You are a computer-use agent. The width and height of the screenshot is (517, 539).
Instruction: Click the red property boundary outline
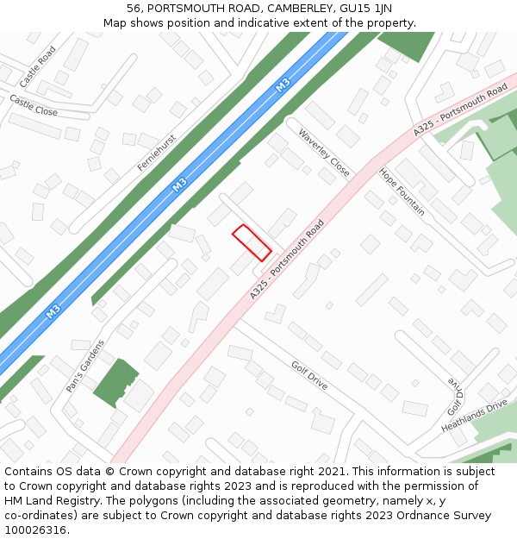252,242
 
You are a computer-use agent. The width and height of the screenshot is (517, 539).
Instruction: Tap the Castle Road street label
37,66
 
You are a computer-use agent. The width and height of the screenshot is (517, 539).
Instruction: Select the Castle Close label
34,106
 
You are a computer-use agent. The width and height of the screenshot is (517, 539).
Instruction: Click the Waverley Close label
323,153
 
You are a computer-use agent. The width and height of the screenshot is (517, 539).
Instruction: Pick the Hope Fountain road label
402,191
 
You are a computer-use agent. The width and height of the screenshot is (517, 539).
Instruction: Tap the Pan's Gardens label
85,366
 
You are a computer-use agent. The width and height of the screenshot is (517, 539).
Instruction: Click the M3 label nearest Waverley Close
283,86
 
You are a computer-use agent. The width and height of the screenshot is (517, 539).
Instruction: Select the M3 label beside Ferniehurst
179,185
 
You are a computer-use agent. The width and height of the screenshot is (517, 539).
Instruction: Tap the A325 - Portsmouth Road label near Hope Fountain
460,110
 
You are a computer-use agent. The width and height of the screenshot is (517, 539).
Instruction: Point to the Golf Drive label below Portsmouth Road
309,375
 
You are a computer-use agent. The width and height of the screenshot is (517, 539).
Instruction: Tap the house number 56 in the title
134,9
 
